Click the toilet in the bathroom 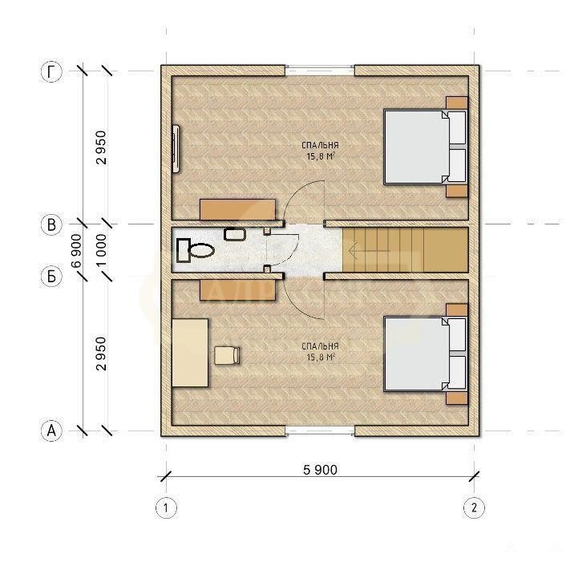coord(195,250)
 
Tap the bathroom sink coord(235,234)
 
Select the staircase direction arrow coord(369,251)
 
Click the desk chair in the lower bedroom coord(227,355)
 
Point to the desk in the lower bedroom coord(190,353)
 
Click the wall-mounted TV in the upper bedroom coord(176,148)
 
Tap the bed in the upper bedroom coord(426,147)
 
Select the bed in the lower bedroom coord(426,354)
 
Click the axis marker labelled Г coord(51,71)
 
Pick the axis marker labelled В coord(51,224)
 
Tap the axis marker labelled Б coord(51,276)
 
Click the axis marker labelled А coord(51,430)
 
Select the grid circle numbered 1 coord(166,507)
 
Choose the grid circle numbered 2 coord(474,507)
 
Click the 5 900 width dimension coord(321,470)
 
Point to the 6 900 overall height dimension coord(77,251)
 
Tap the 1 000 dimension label coord(102,250)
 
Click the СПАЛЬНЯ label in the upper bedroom coord(321,145)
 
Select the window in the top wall coord(320,71)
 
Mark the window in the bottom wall coord(320,430)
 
